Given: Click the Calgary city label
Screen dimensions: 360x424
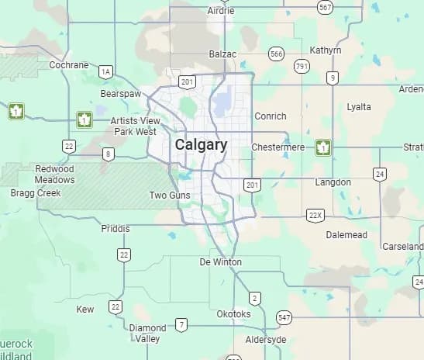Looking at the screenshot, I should (x=201, y=145).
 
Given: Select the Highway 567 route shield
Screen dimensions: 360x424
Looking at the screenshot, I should (x=326, y=7).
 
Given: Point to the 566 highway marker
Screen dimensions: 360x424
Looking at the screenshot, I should (x=276, y=54).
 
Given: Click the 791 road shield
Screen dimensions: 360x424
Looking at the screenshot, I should (x=302, y=67).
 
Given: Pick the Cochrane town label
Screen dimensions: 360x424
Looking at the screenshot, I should (x=69, y=65).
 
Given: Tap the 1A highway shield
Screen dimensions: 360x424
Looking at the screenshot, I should (x=106, y=72).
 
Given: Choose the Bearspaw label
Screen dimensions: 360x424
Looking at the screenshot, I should (x=119, y=94).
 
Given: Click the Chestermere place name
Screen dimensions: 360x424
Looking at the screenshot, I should (x=277, y=147).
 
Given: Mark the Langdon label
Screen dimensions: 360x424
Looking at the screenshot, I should (x=333, y=182).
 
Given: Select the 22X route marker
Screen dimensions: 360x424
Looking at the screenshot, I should (x=314, y=214).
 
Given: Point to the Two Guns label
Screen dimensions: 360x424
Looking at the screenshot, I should (x=169, y=196).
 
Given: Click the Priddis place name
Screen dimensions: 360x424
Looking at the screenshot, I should (x=116, y=229).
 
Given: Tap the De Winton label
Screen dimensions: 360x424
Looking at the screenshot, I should (x=220, y=262).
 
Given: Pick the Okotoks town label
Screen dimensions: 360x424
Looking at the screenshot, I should (x=233, y=314).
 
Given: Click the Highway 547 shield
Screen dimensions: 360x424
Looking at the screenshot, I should (x=284, y=318).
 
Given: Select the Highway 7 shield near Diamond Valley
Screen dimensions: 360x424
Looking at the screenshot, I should (x=181, y=324).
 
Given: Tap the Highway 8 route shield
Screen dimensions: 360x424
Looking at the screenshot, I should (x=109, y=154).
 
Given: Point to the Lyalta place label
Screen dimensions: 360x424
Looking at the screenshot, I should (x=359, y=107).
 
